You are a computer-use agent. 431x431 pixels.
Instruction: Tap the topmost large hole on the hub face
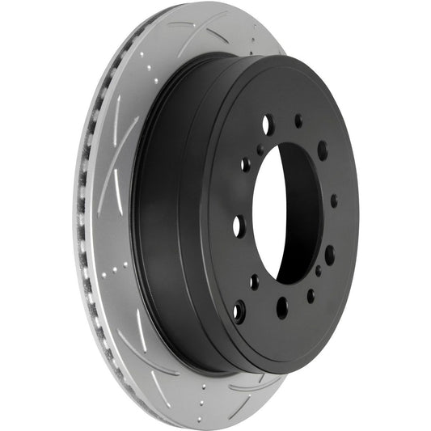pos(267,125)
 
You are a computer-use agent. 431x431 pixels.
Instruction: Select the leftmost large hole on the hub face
pos(238,226)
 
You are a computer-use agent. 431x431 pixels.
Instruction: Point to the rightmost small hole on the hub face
pos(334,201)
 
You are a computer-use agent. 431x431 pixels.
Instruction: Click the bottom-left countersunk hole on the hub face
pos(239,309)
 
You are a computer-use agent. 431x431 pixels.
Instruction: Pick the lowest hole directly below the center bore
pos(281,307)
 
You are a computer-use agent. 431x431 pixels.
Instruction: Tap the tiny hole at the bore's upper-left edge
pos(260,150)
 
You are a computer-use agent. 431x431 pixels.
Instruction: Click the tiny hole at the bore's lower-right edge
pos(317,270)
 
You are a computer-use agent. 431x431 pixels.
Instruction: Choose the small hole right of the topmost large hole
pos(298,120)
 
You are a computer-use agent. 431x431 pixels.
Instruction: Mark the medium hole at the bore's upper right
pos(322,150)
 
